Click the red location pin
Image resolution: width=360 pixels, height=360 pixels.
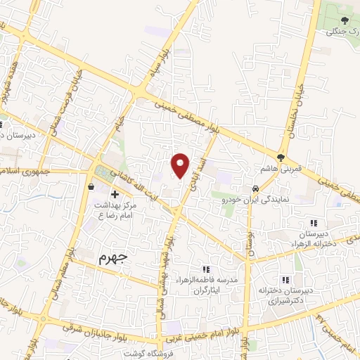click(x=181, y=165)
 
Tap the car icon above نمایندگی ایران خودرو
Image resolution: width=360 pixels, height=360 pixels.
click(x=255, y=189)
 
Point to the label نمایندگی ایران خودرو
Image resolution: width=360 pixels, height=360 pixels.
click(x=245, y=200)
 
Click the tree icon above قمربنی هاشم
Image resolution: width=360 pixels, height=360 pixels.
click(x=281, y=157)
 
